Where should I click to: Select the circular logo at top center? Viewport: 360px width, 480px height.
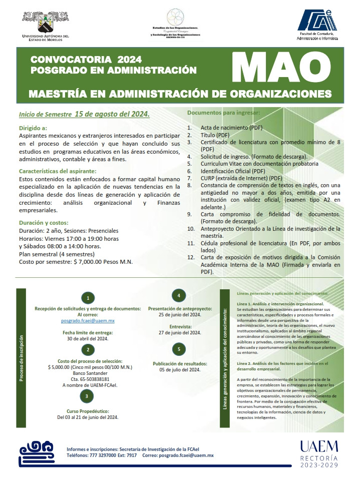175,16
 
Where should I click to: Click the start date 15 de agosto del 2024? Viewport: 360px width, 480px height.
112,114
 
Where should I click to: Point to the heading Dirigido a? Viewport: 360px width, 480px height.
33,128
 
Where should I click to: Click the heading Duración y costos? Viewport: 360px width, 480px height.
44,223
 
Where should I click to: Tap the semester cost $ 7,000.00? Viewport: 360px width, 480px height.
97,261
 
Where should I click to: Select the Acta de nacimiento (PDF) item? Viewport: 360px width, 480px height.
231,128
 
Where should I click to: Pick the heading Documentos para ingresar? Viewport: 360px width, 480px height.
223,113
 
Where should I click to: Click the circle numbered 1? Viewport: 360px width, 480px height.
88,298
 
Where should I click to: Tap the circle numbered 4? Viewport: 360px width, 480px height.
179,294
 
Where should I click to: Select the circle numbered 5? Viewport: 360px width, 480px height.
179,349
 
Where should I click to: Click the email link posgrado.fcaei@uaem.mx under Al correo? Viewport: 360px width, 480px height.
88,320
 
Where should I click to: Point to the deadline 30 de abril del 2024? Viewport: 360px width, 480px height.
88,338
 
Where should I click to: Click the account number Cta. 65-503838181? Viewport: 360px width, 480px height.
87,379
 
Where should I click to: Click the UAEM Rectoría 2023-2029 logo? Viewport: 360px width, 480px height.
319,453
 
